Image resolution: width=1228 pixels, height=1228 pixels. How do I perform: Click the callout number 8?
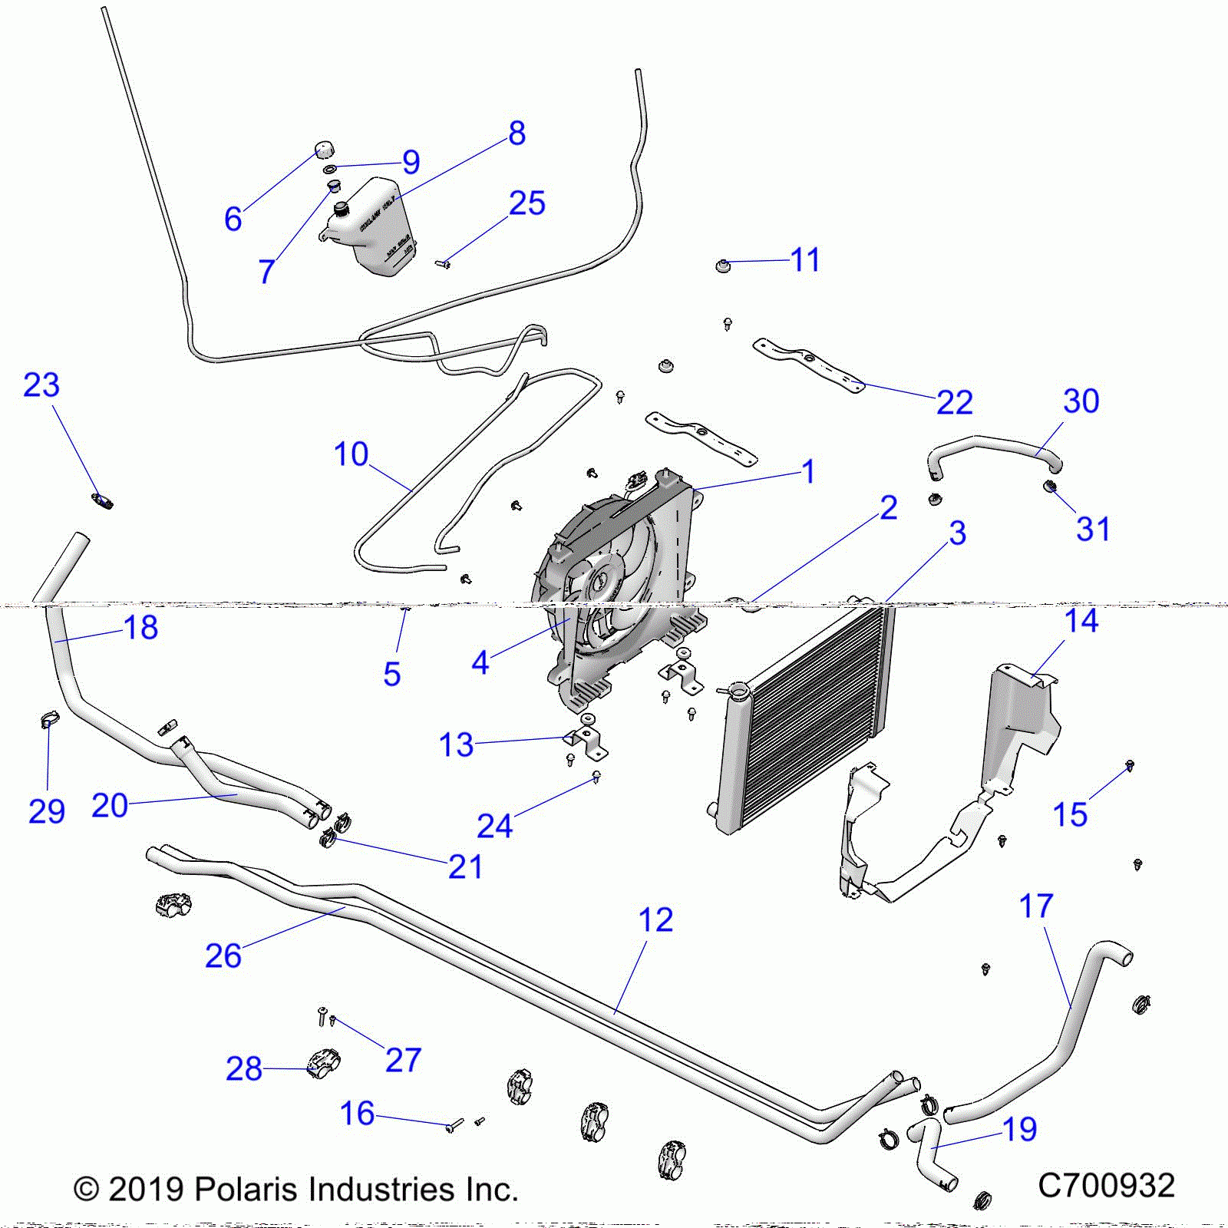(x=517, y=134)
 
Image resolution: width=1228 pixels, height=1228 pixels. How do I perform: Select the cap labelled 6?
(x=324, y=148)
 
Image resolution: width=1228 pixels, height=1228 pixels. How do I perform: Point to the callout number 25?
(x=527, y=203)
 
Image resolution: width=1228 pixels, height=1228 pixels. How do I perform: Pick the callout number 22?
(x=954, y=402)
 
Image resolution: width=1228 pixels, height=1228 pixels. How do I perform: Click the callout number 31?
(x=1093, y=529)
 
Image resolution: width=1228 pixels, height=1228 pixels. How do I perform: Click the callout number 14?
(x=1081, y=620)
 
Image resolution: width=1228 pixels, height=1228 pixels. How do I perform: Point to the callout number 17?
(x=1036, y=906)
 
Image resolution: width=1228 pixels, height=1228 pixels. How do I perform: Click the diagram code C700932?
(x=1106, y=1186)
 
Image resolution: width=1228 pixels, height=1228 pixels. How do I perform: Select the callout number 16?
(x=357, y=1114)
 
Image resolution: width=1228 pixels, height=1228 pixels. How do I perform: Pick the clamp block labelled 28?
(x=322, y=1063)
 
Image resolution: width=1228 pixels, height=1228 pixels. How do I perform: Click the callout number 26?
(x=223, y=956)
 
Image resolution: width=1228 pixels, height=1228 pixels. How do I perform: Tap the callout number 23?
(x=41, y=385)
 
